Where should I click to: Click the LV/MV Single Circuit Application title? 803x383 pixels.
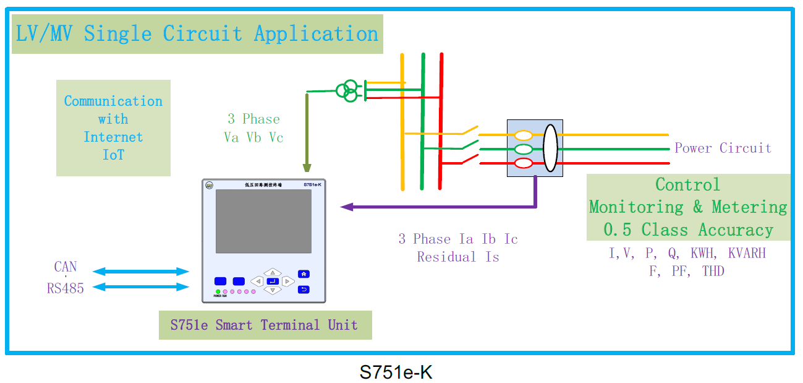pyautogui.click(x=197, y=33)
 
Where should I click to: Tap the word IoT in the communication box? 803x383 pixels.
pyautogui.click(x=113, y=155)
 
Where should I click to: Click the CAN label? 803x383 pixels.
pyautogui.click(x=66, y=267)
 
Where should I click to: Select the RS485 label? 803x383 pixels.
pyautogui.click(x=66, y=288)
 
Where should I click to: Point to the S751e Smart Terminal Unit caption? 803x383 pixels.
pyautogui.click(x=265, y=325)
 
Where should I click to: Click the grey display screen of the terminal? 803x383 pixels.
pyautogui.click(x=263, y=221)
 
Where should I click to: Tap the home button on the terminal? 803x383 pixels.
pyautogui.click(x=304, y=274)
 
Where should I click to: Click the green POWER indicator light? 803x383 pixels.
pyautogui.click(x=218, y=291)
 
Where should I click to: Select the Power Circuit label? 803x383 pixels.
pyautogui.click(x=723, y=148)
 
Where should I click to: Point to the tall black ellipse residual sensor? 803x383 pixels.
pyautogui.click(x=550, y=148)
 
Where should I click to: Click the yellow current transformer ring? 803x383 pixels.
pyautogui.click(x=524, y=135)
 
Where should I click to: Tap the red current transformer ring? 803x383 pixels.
pyautogui.click(x=524, y=163)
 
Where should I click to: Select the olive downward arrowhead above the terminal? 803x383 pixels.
pyautogui.click(x=307, y=167)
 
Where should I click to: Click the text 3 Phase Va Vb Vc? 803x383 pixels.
pyautogui.click(x=253, y=128)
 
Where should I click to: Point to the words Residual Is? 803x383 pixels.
pyautogui.click(x=458, y=257)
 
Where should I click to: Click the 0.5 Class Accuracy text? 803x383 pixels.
pyautogui.click(x=689, y=230)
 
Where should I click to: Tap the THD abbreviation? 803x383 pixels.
pyautogui.click(x=713, y=271)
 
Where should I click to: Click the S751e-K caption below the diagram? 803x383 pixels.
pyautogui.click(x=396, y=372)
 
